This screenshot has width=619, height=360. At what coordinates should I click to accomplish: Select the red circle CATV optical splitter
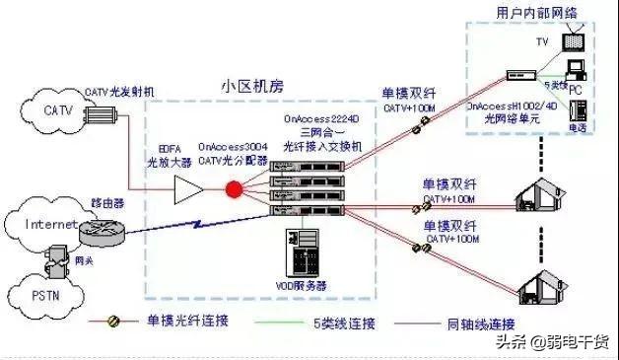pos(235,189)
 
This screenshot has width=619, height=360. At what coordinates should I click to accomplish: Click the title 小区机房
pos(250,88)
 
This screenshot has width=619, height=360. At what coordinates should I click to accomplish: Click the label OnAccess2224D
pos(319,117)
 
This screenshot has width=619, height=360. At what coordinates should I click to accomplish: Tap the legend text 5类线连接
pos(337,323)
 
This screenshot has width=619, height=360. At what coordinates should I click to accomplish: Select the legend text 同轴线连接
pos(480,323)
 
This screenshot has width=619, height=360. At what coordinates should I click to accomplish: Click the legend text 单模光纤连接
pos(185,323)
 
